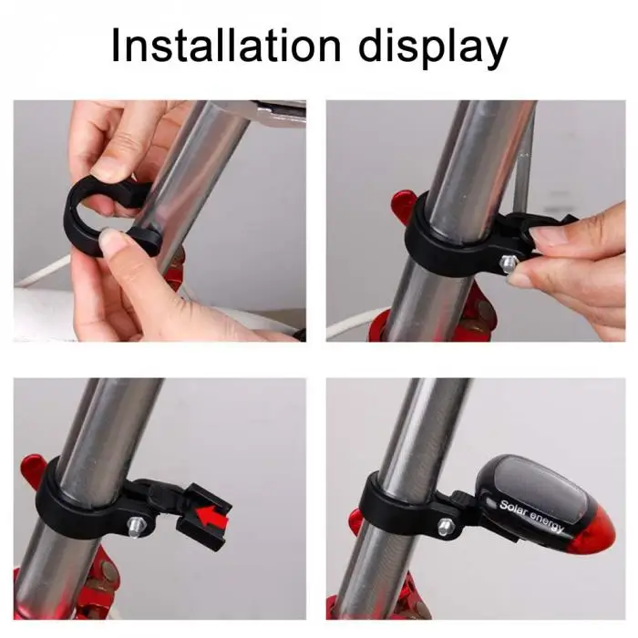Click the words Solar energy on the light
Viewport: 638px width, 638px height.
tap(531, 515)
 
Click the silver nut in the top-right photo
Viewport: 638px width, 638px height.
tap(509, 263)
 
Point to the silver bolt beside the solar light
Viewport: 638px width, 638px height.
tap(445, 526)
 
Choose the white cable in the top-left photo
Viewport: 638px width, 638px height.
tap(41, 271)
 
